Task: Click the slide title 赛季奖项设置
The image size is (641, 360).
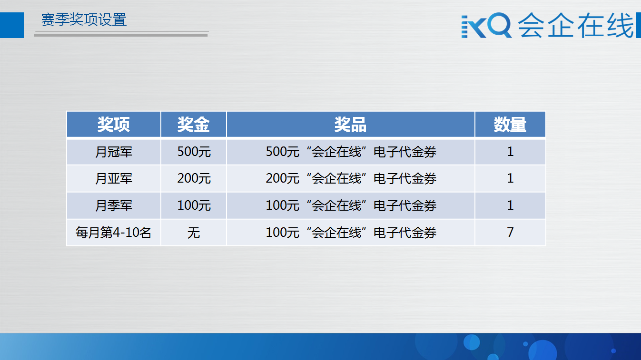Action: [84, 19]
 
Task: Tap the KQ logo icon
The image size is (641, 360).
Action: [486, 25]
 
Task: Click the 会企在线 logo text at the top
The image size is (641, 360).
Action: [576, 25]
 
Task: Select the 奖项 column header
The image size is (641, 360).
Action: [114, 125]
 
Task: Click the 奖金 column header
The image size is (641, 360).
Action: [194, 125]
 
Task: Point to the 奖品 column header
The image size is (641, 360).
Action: [351, 125]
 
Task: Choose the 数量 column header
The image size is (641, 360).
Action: [510, 125]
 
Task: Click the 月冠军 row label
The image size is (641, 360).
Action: [114, 152]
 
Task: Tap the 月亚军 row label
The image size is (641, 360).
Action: [114, 178]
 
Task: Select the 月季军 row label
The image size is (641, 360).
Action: [114, 205]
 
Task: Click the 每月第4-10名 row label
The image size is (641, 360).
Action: [113, 232]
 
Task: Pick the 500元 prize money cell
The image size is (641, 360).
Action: [194, 152]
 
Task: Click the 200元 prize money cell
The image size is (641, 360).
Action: [194, 178]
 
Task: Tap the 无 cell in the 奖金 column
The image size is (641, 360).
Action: [194, 233]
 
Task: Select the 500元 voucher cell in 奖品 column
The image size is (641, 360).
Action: [351, 152]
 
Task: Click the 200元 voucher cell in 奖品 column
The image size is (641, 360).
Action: [351, 178]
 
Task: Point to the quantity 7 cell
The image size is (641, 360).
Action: [510, 232]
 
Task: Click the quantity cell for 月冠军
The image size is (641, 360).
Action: [510, 152]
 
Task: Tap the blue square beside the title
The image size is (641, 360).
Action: [12, 25]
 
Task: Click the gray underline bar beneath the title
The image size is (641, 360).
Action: [121, 35]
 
